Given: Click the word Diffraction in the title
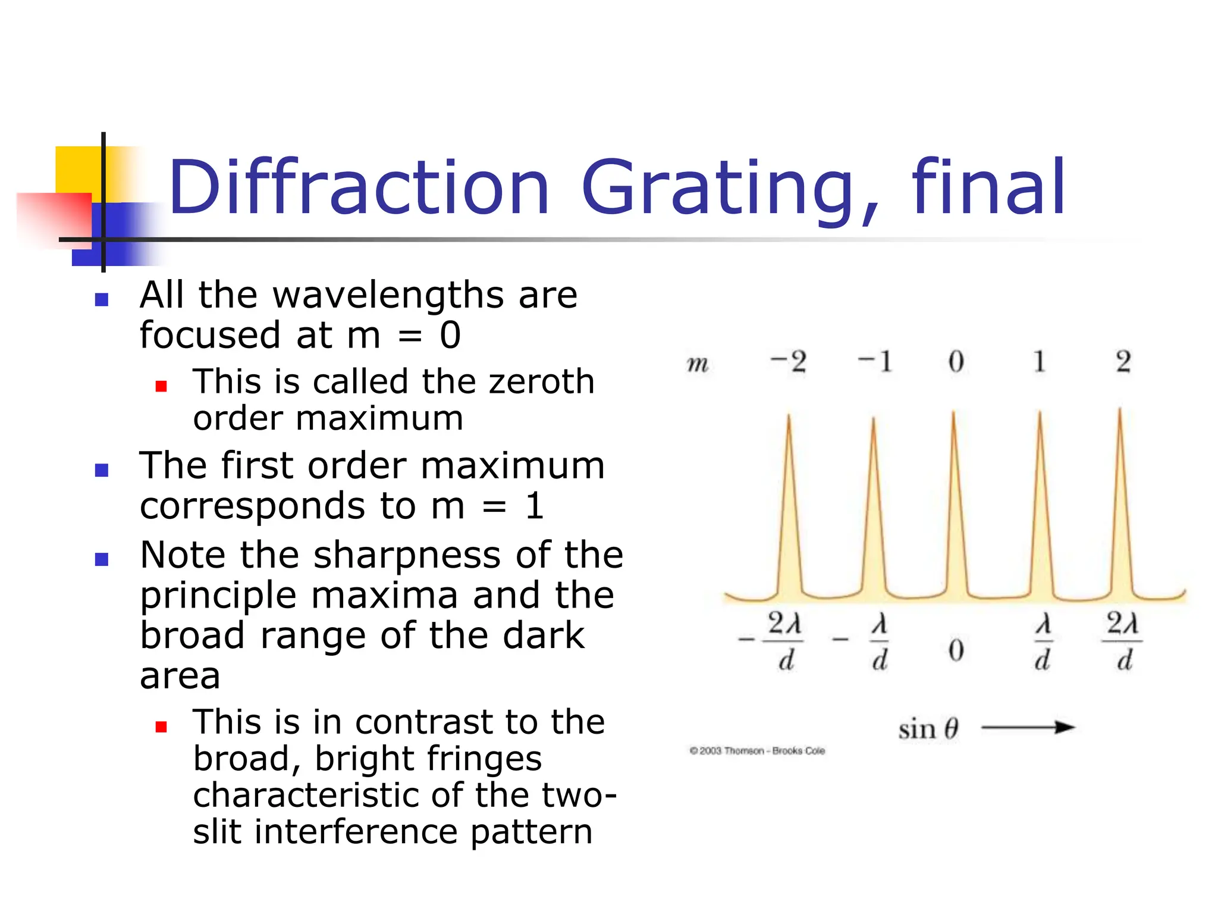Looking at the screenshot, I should [x=359, y=187].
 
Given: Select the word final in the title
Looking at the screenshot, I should [x=988, y=187].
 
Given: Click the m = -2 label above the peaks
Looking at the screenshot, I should [x=788, y=362].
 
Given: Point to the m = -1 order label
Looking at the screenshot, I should [x=875, y=362].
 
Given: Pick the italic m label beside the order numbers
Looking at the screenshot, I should [x=698, y=363].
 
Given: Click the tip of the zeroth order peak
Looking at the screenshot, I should [x=953, y=412].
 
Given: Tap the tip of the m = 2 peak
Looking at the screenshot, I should [x=1120, y=409].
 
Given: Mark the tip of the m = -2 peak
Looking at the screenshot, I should [x=789, y=416].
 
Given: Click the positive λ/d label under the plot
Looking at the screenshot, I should [x=1043, y=641].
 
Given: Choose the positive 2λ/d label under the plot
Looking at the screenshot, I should [x=1122, y=641].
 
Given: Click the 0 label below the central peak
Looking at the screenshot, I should [x=956, y=650].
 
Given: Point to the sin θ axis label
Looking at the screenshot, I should [x=928, y=728].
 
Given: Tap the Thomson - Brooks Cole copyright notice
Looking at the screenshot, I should [x=757, y=751].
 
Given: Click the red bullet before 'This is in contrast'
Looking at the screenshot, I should [x=161, y=727].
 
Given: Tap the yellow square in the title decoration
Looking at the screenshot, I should [x=77, y=170].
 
